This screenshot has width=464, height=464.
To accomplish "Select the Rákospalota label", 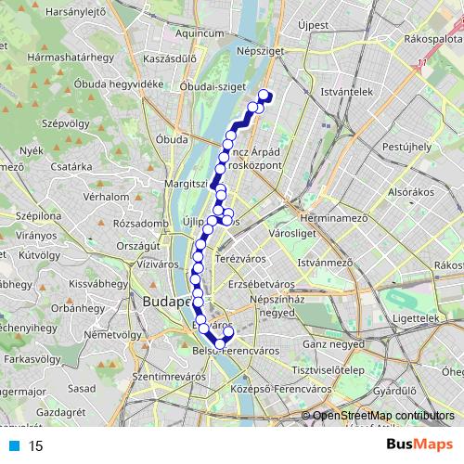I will click(x=433, y=41).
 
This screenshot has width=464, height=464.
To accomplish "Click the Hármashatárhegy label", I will click(x=66, y=57).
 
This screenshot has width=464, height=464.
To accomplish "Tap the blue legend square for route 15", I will click(x=11, y=445).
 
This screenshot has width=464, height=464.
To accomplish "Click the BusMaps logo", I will click(x=419, y=445).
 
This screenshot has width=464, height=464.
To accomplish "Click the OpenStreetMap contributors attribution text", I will click(x=383, y=416).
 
